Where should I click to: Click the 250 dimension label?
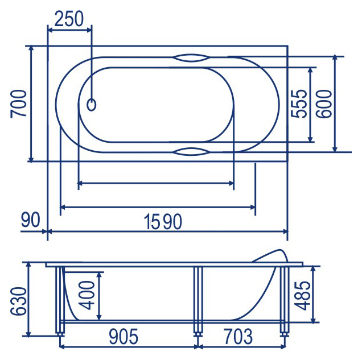69,19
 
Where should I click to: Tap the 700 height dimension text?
18,104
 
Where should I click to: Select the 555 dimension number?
299,104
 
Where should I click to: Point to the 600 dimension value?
324,104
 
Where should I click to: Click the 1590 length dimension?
163,222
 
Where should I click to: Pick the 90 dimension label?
31,220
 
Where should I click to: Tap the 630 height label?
18,301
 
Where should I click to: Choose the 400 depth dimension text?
87,295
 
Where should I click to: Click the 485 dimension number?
302,295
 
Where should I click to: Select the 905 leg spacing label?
124,337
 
